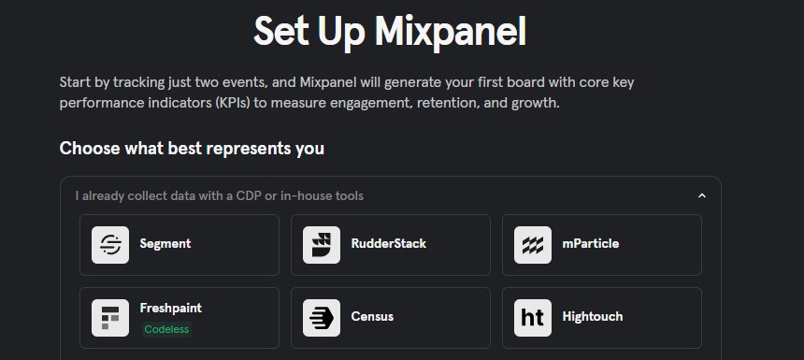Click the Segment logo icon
pos(110,245)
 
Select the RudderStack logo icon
pos(322,245)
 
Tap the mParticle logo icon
pos(533,245)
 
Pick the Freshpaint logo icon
pos(110,318)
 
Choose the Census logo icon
pos(322,318)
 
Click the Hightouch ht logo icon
pos(533,318)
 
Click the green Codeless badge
pos(166,329)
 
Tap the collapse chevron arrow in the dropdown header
pos(702,196)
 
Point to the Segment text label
pos(165,243)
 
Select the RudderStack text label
pos(388,243)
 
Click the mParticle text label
pos(590,243)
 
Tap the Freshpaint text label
pos(171,308)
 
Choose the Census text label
pos(372,316)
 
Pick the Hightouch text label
pos(593,316)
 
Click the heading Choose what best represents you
pos(192,148)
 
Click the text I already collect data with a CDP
pos(219,195)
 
